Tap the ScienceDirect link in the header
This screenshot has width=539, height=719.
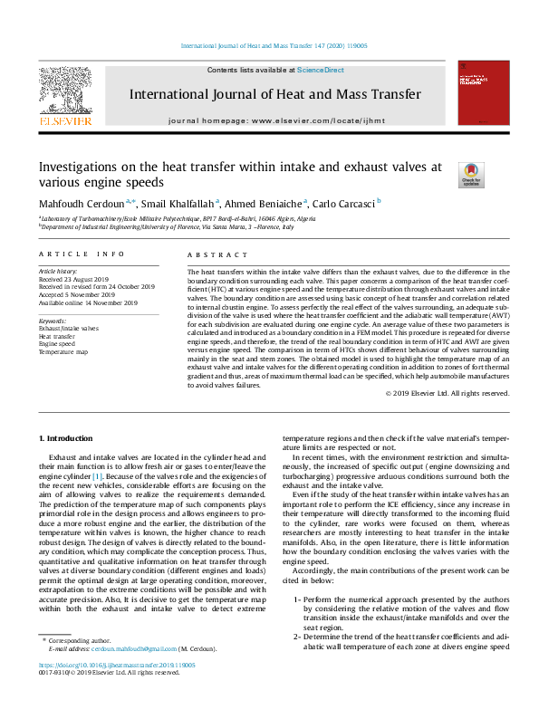[321, 70]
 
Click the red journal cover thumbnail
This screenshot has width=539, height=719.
[477, 93]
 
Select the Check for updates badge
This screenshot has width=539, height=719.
[471, 174]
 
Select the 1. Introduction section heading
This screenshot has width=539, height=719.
[69, 438]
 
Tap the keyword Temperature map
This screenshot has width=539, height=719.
[63, 351]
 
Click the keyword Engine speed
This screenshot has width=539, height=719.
[57, 343]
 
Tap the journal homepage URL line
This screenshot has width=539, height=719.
[276, 120]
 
